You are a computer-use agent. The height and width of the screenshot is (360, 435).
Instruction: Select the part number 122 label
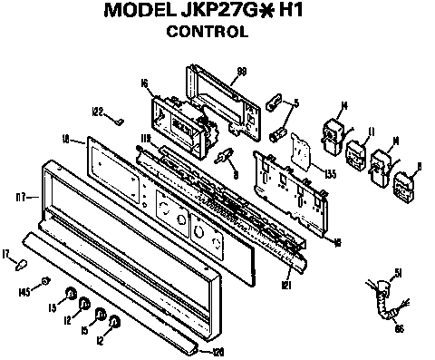97,112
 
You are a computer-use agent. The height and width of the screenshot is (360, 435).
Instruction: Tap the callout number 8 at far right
418,166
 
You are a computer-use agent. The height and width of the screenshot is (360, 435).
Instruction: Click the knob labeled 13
69,294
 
